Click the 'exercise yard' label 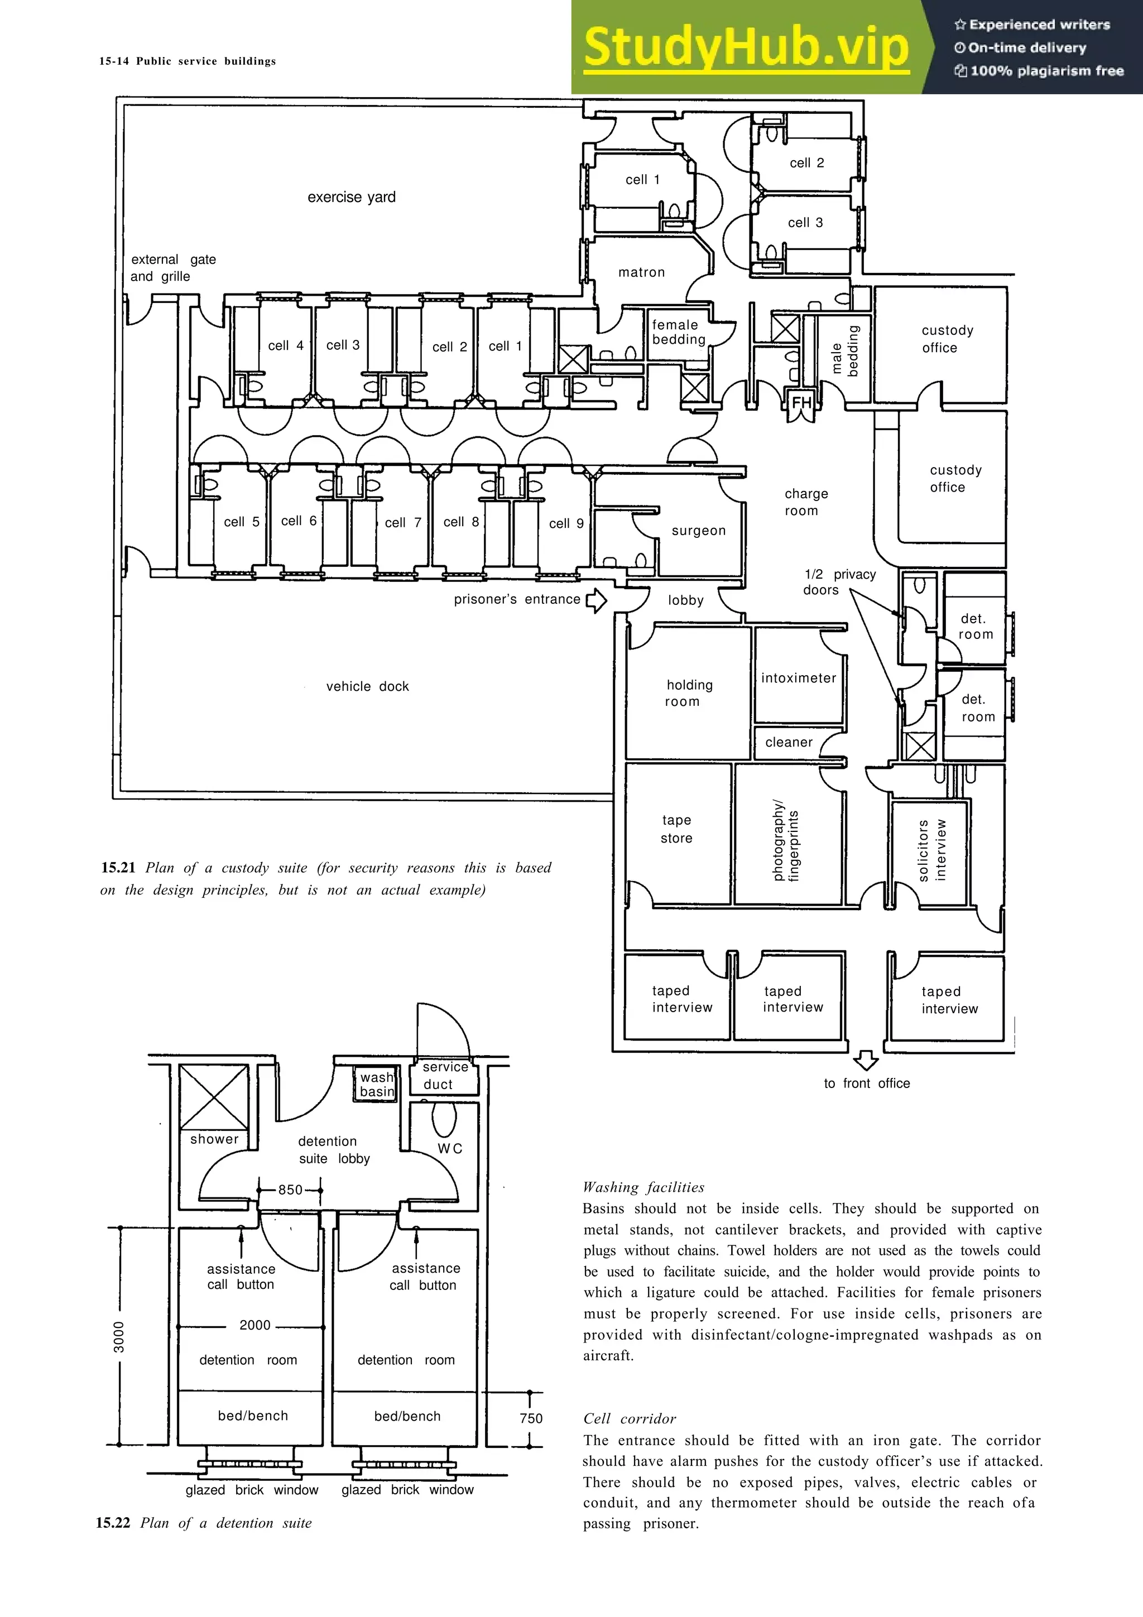(x=352, y=197)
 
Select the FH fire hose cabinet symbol (x=801, y=403)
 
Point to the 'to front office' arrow (x=866, y=1060)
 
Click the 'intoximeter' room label (x=798, y=677)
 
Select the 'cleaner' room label (x=789, y=742)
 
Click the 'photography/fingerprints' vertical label (x=785, y=840)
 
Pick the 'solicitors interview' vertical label (x=931, y=850)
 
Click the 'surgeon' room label (x=698, y=530)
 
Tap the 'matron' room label (x=641, y=272)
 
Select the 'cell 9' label (x=566, y=523)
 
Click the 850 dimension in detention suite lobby (x=290, y=1190)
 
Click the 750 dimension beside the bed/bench (x=531, y=1418)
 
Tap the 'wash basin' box (x=377, y=1084)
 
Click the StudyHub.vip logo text (x=746, y=48)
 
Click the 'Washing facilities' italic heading (x=643, y=1187)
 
